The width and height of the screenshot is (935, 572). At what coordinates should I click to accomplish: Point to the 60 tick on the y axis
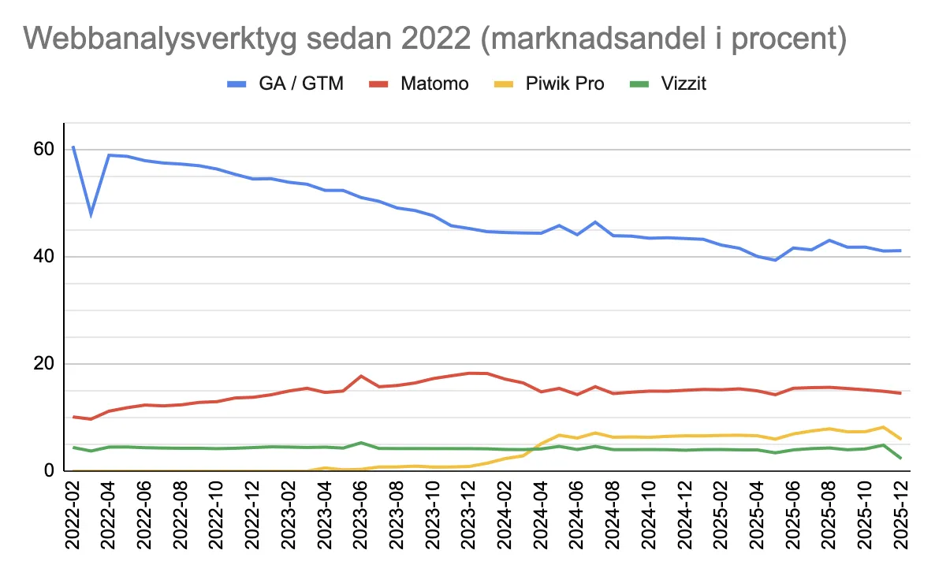click(43, 150)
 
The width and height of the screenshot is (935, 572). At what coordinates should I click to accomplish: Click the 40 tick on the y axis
click(43, 257)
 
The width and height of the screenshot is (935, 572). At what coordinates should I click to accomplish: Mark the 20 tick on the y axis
click(43, 364)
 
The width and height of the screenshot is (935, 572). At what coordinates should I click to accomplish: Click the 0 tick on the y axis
click(49, 471)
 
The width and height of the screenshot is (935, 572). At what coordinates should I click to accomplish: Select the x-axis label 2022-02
click(73, 520)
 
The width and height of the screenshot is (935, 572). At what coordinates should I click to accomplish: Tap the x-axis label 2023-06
click(361, 520)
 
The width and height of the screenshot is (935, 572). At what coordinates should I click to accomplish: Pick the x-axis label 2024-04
click(541, 520)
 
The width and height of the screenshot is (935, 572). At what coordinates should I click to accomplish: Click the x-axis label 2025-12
click(900, 520)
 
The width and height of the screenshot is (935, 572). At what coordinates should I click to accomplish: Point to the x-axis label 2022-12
click(253, 520)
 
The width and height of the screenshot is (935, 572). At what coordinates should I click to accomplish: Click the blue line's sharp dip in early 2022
click(91, 214)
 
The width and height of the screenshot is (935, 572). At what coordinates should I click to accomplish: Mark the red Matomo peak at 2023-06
click(361, 376)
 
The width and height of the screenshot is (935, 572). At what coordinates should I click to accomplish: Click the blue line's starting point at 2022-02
click(73, 147)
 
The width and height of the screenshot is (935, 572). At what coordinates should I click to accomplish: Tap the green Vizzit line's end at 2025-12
click(900, 458)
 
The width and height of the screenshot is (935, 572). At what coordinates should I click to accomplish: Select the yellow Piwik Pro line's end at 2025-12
click(900, 439)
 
